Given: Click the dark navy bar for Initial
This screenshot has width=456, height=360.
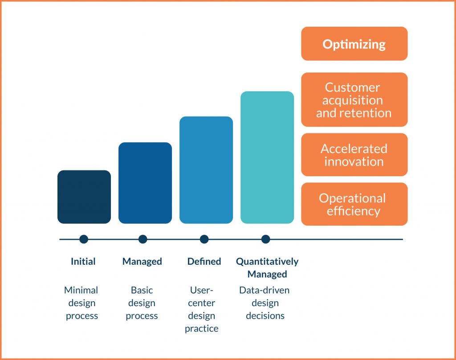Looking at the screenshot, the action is tap(84, 197).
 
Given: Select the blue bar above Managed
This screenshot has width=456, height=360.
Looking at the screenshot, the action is tap(145, 183).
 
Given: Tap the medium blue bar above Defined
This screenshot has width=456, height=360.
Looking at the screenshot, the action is tap(206, 170).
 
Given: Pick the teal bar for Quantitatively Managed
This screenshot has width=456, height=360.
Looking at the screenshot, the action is tap(267, 157).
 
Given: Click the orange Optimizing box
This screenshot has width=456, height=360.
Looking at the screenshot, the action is tap(354, 44).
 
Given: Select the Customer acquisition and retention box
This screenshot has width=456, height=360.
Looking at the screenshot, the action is tap(354, 100).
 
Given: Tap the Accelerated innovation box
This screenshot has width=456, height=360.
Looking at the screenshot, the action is tap(354, 154).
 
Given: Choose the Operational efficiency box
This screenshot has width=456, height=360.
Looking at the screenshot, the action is tap(354, 204).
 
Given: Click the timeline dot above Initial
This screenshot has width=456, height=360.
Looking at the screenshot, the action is tap(84, 239).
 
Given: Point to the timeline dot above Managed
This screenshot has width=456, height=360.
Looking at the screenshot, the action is tap(143, 239).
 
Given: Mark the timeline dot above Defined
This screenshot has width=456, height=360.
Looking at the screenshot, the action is tap(204, 239).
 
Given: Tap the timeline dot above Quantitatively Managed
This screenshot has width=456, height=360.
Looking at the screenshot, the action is tap(265, 239).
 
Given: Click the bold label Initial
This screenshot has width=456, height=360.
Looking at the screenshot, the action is tap(83, 261).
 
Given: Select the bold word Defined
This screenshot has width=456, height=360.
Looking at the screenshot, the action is tap(204, 261).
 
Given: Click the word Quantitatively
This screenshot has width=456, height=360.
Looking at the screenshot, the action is tap(267, 262).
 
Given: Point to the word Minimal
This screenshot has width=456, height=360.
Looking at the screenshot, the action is tap(81, 290).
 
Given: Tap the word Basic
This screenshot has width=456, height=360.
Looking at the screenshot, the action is tap(142, 290).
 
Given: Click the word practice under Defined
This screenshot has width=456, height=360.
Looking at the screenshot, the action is tap(202, 328).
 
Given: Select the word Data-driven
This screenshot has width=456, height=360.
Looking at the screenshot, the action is tap(265, 290).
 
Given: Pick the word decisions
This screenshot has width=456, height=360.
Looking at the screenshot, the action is tap(265, 316).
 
